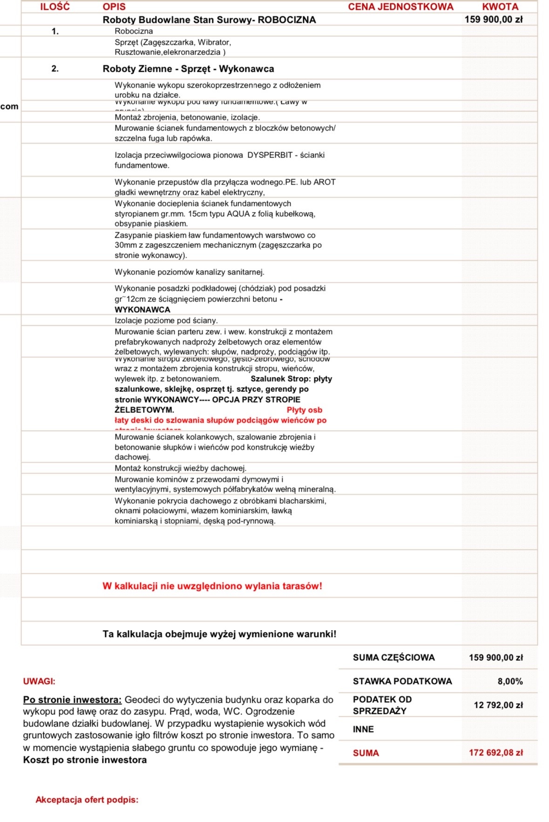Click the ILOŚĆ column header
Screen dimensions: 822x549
tap(55, 7)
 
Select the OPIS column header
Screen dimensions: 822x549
tap(114, 7)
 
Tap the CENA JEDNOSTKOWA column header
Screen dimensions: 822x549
tap(400, 7)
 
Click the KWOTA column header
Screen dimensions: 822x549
tap(500, 7)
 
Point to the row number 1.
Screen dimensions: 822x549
tap(55, 31)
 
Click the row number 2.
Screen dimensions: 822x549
tap(55, 69)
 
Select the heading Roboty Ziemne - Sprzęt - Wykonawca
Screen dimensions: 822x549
tap(188, 69)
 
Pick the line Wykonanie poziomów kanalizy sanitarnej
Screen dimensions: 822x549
tap(190, 272)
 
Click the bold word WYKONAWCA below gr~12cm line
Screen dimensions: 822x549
tap(142, 310)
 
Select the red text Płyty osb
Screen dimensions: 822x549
tap(305, 410)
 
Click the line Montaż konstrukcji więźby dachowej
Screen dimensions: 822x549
tap(181, 468)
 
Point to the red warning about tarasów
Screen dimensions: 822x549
tap(212, 586)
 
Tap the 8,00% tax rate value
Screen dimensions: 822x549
tap(510, 681)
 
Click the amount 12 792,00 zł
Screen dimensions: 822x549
tap(498, 705)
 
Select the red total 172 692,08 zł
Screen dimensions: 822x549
tap(495, 753)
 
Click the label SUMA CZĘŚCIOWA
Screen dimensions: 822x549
tap(393, 658)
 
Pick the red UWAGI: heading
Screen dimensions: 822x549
tap(39, 681)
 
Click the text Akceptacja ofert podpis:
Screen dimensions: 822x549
tap(87, 800)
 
